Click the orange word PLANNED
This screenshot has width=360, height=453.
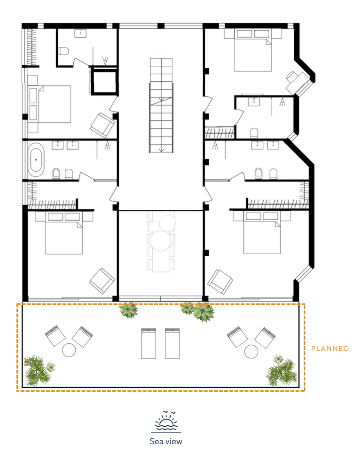click(x=330, y=349)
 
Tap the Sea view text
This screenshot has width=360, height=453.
click(x=166, y=441)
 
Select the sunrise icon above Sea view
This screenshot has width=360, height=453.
click(x=166, y=421)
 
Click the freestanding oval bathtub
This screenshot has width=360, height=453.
click(x=36, y=159)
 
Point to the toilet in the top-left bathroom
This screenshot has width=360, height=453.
click(x=63, y=51)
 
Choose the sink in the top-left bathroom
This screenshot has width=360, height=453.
click(x=80, y=33)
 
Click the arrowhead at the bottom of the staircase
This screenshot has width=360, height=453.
click(x=161, y=150)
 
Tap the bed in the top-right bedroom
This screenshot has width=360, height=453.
click(x=253, y=50)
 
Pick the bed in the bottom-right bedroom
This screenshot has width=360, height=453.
click(x=262, y=233)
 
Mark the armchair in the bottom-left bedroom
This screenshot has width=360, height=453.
click(x=102, y=281)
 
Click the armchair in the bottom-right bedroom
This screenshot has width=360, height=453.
click(x=220, y=282)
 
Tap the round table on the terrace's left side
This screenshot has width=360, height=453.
click(x=69, y=350)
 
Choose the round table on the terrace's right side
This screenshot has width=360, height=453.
click(x=251, y=351)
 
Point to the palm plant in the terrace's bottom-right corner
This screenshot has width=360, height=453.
click(x=282, y=371)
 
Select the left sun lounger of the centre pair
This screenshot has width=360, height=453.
click(x=149, y=343)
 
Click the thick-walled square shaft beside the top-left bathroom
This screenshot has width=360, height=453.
click(x=104, y=82)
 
